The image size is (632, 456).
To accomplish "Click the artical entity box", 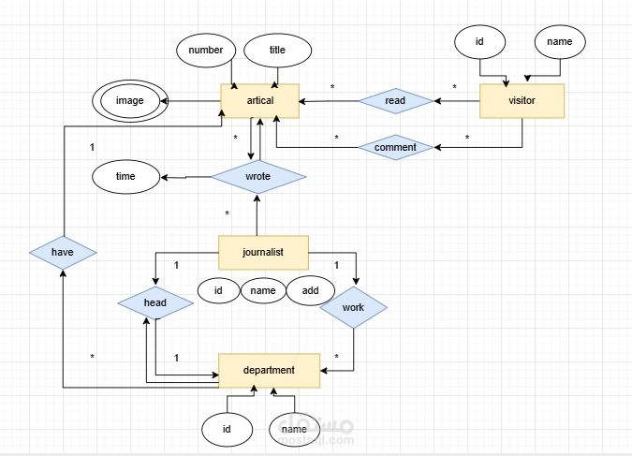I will (260, 101).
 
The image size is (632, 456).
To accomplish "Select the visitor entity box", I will (522, 101).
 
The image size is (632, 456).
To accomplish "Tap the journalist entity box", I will (263, 251).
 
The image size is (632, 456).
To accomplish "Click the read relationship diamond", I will (393, 100).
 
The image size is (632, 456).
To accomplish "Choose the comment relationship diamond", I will (395, 147).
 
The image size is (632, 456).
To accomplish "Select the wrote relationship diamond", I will (257, 176).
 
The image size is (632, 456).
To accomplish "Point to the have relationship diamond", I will (63, 252).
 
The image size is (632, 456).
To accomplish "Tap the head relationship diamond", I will (154, 303).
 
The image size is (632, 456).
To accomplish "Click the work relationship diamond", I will (354, 307).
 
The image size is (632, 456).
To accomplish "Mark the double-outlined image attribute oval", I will (129, 101).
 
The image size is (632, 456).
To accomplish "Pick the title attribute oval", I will (277, 51).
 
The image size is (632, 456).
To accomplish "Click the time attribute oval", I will (125, 176).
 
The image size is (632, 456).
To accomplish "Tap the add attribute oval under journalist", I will (309, 291).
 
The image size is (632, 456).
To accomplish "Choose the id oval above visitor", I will (479, 42).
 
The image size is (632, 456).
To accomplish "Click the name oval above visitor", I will (560, 42).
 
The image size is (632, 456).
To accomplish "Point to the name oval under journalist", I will (263, 291).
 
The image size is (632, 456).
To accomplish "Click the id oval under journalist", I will (218, 291).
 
